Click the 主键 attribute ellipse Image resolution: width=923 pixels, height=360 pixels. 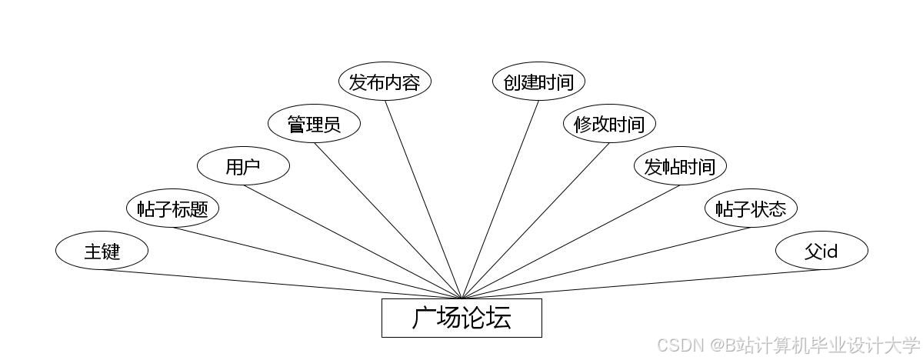[x=102, y=251]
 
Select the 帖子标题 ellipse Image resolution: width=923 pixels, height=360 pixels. [x=172, y=208]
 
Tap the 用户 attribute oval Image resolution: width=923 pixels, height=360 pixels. [x=243, y=166]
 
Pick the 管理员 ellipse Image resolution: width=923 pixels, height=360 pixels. [x=314, y=125]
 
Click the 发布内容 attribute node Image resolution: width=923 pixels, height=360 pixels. [x=385, y=82]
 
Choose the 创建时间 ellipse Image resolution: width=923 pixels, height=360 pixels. [x=538, y=82]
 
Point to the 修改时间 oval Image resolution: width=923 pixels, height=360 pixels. [x=609, y=125]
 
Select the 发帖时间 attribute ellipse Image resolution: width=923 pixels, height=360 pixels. [x=680, y=166]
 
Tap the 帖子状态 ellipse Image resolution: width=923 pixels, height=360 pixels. [x=751, y=208]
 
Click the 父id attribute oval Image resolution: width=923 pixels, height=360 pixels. [x=821, y=251]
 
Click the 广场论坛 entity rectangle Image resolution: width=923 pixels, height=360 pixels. [x=461, y=318]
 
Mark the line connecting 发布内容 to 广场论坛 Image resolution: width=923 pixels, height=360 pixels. [x=423, y=200]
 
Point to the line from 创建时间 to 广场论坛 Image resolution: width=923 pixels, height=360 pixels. [x=500, y=200]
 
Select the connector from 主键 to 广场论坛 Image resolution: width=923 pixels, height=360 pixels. [x=282, y=284]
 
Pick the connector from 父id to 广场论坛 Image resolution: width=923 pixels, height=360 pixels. [x=641, y=284]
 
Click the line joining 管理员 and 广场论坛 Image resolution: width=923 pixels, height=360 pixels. [x=388, y=222]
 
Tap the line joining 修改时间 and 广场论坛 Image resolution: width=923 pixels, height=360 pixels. [x=535, y=222]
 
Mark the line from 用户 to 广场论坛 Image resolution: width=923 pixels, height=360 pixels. [x=352, y=242]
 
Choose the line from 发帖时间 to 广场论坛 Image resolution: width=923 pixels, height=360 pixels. [x=571, y=242]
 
